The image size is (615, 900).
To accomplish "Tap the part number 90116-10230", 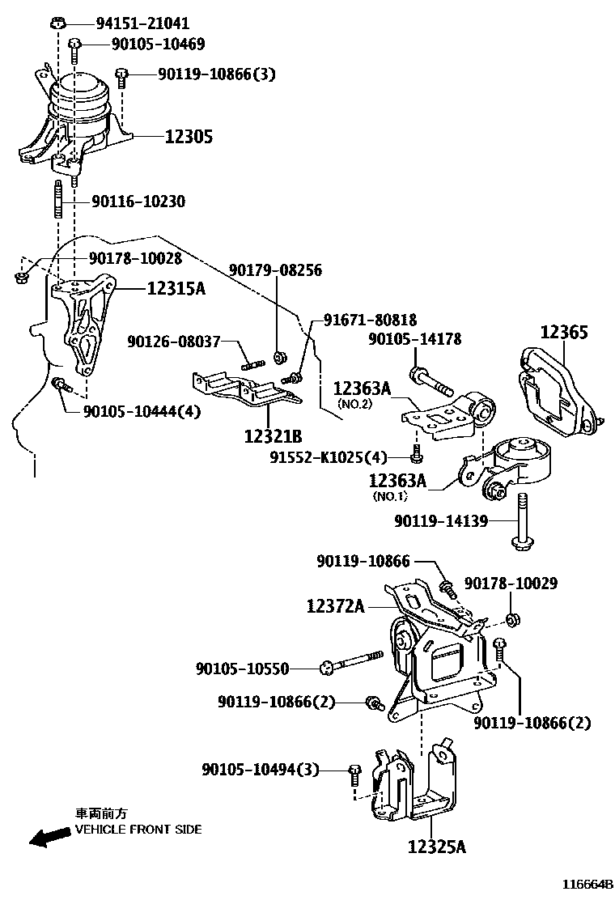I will tap(138, 202).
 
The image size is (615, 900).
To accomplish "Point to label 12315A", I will tap(176, 287).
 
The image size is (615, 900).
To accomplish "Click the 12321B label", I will tap(273, 436).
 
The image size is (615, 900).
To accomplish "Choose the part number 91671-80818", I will tap(371, 320).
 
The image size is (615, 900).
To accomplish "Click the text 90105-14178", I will tap(415, 340).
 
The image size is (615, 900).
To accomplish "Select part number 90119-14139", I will tap(441, 522).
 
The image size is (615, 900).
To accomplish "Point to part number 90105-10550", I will tap(243, 669).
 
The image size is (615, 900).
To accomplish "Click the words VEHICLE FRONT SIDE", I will tap(138, 830).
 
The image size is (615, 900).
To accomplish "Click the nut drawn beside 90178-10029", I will tap(511, 620).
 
